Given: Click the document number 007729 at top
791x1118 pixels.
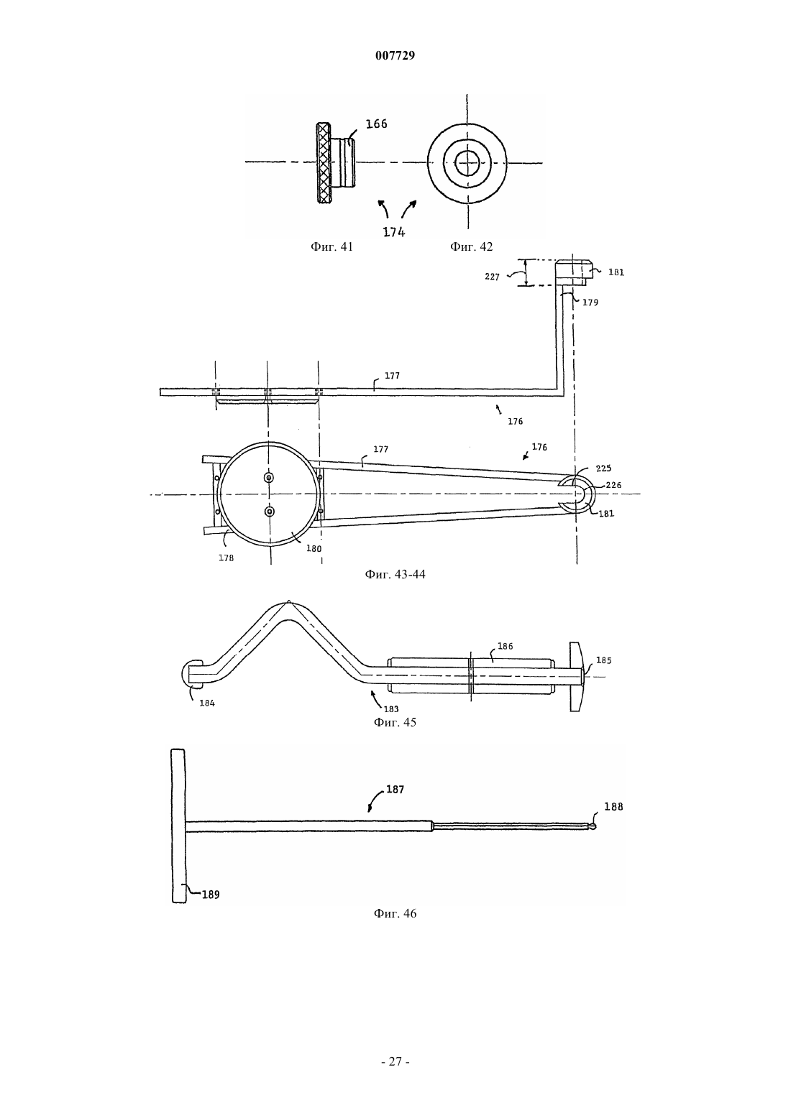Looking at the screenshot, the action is [x=395, y=55].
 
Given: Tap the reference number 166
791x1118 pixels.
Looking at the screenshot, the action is [x=377, y=124].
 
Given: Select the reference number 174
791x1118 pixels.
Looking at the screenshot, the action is [x=394, y=232].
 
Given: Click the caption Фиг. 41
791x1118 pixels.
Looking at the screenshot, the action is [x=332, y=246].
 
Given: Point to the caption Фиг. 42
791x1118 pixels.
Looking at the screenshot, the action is [x=472, y=246].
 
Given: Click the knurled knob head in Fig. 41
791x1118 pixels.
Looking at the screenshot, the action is [x=324, y=162].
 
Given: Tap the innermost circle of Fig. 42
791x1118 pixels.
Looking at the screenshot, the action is [x=467, y=162].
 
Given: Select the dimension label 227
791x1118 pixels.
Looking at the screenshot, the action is [x=492, y=277].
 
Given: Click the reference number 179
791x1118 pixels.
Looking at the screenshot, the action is [x=590, y=302].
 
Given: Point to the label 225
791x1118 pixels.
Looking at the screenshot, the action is [x=603, y=468].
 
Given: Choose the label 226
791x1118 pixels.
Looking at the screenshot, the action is [x=613, y=484].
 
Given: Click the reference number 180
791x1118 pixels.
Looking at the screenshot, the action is [x=314, y=548].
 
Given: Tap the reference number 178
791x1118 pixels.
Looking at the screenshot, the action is [x=227, y=558].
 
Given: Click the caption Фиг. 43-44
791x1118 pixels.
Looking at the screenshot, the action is [x=395, y=575].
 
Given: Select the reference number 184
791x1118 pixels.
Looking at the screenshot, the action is [x=207, y=703].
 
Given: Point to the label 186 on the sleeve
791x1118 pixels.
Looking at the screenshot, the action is [x=505, y=646].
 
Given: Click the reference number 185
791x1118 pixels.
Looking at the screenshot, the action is [x=604, y=660].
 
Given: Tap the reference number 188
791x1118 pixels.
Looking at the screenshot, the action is [x=613, y=807].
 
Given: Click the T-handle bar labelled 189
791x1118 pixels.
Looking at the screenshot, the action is [x=178, y=826].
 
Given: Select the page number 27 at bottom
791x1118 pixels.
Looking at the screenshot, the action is [x=395, y=1062].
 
